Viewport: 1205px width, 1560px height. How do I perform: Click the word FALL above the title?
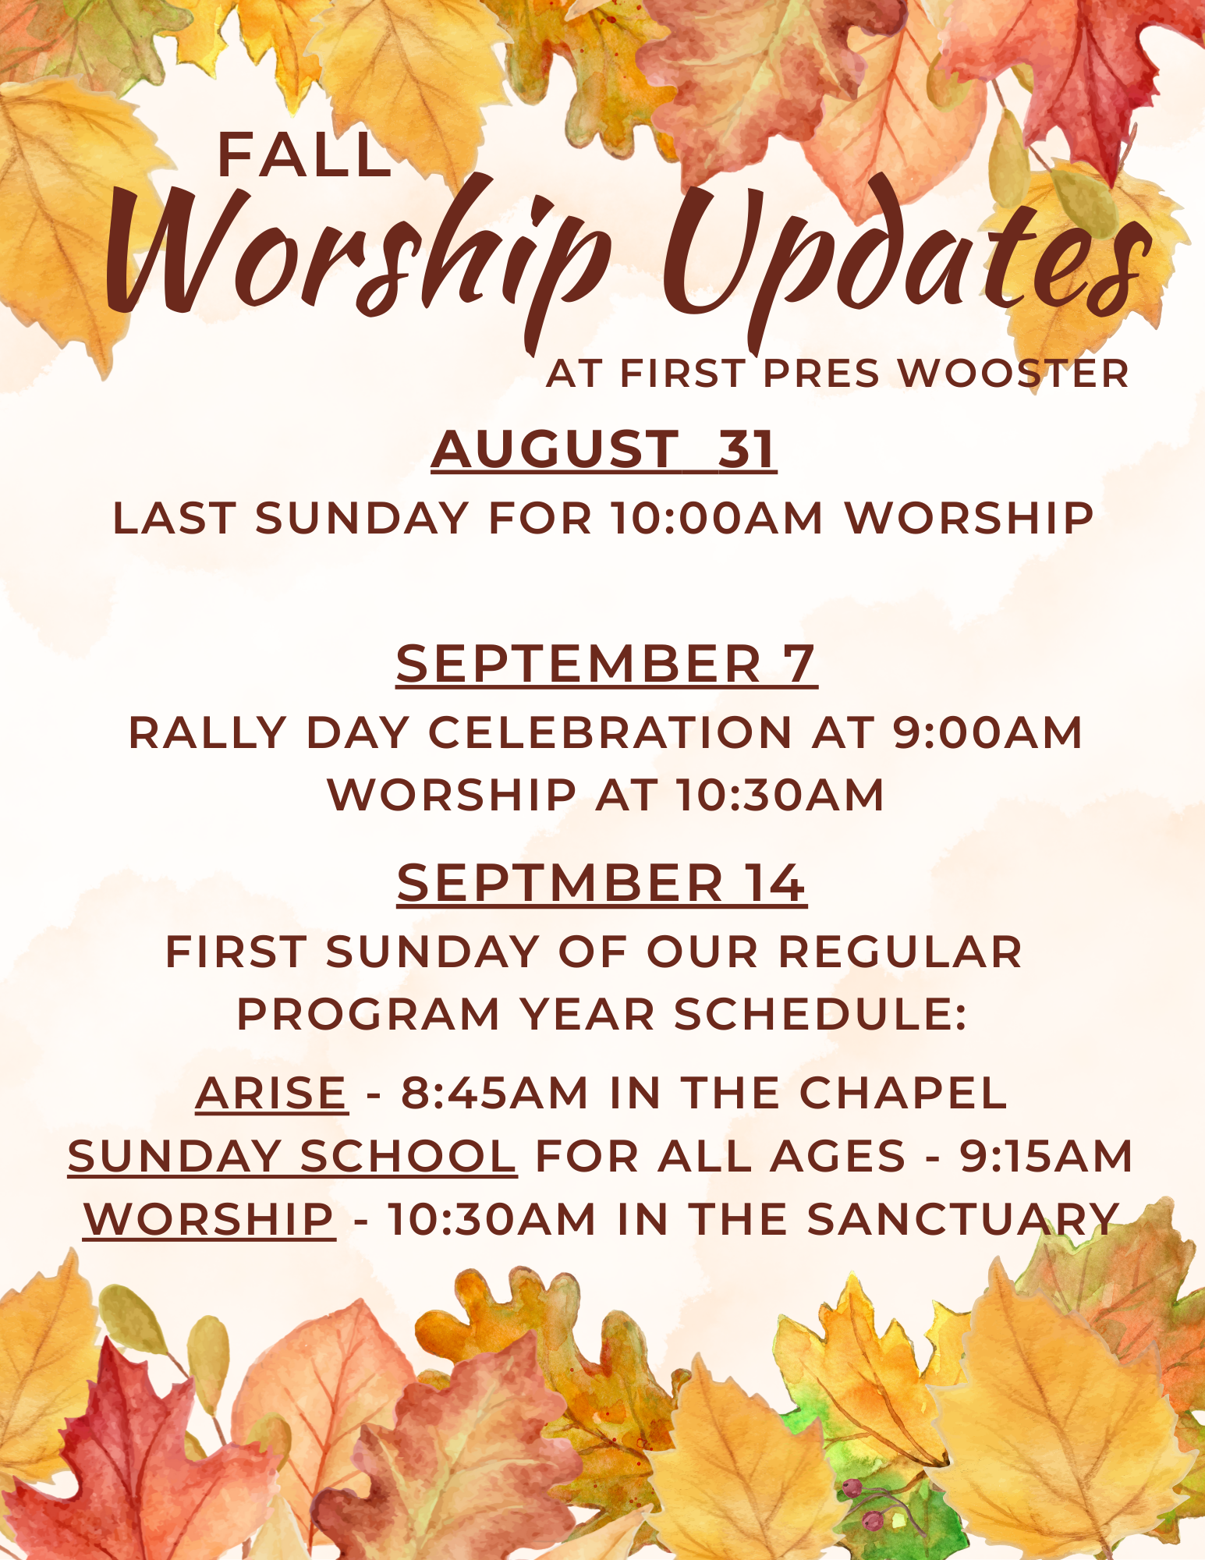click(x=303, y=154)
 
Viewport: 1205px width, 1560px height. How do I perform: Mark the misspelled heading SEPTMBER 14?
click(x=601, y=883)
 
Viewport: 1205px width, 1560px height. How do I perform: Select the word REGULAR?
click(x=900, y=952)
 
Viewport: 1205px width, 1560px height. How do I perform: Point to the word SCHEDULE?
click(x=820, y=1014)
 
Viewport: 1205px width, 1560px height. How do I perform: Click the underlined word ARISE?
click(x=271, y=1093)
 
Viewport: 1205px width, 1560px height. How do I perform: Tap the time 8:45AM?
click(x=494, y=1093)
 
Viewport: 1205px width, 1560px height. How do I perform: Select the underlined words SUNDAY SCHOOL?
click(x=292, y=1156)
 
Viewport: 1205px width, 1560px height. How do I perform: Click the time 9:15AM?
click(x=1046, y=1156)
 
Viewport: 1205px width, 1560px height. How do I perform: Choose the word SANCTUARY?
click(x=963, y=1218)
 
